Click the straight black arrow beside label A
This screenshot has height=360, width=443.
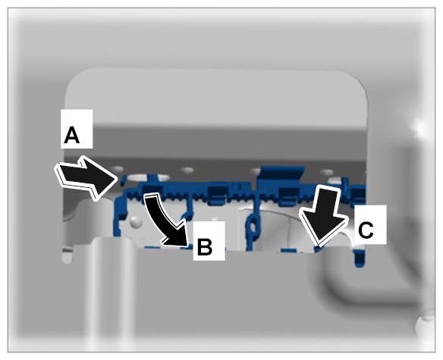click(86, 177)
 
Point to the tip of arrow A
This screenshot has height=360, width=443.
click(117, 178)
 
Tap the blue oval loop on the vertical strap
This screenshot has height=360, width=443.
click(253, 227)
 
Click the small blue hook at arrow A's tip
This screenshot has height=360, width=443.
click(123, 180)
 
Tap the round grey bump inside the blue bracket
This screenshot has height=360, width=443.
click(137, 221)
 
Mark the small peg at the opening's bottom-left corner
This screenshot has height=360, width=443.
click(67, 255)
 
